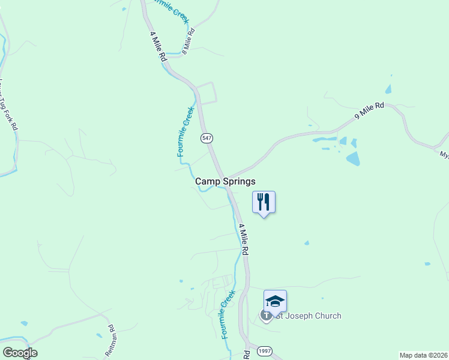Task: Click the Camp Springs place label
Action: click(x=225, y=181)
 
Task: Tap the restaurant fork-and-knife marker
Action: click(x=263, y=202)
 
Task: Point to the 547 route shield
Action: click(x=206, y=138)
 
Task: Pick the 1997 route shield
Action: click(x=264, y=350)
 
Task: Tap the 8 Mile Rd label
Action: click(x=188, y=41)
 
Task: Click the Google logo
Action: click(x=20, y=353)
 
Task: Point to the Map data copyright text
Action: click(x=424, y=355)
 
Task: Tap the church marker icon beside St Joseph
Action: click(x=265, y=315)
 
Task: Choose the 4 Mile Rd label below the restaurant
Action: click(x=244, y=240)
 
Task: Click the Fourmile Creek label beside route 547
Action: click(x=185, y=132)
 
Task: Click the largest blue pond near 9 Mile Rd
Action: click(x=352, y=158)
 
